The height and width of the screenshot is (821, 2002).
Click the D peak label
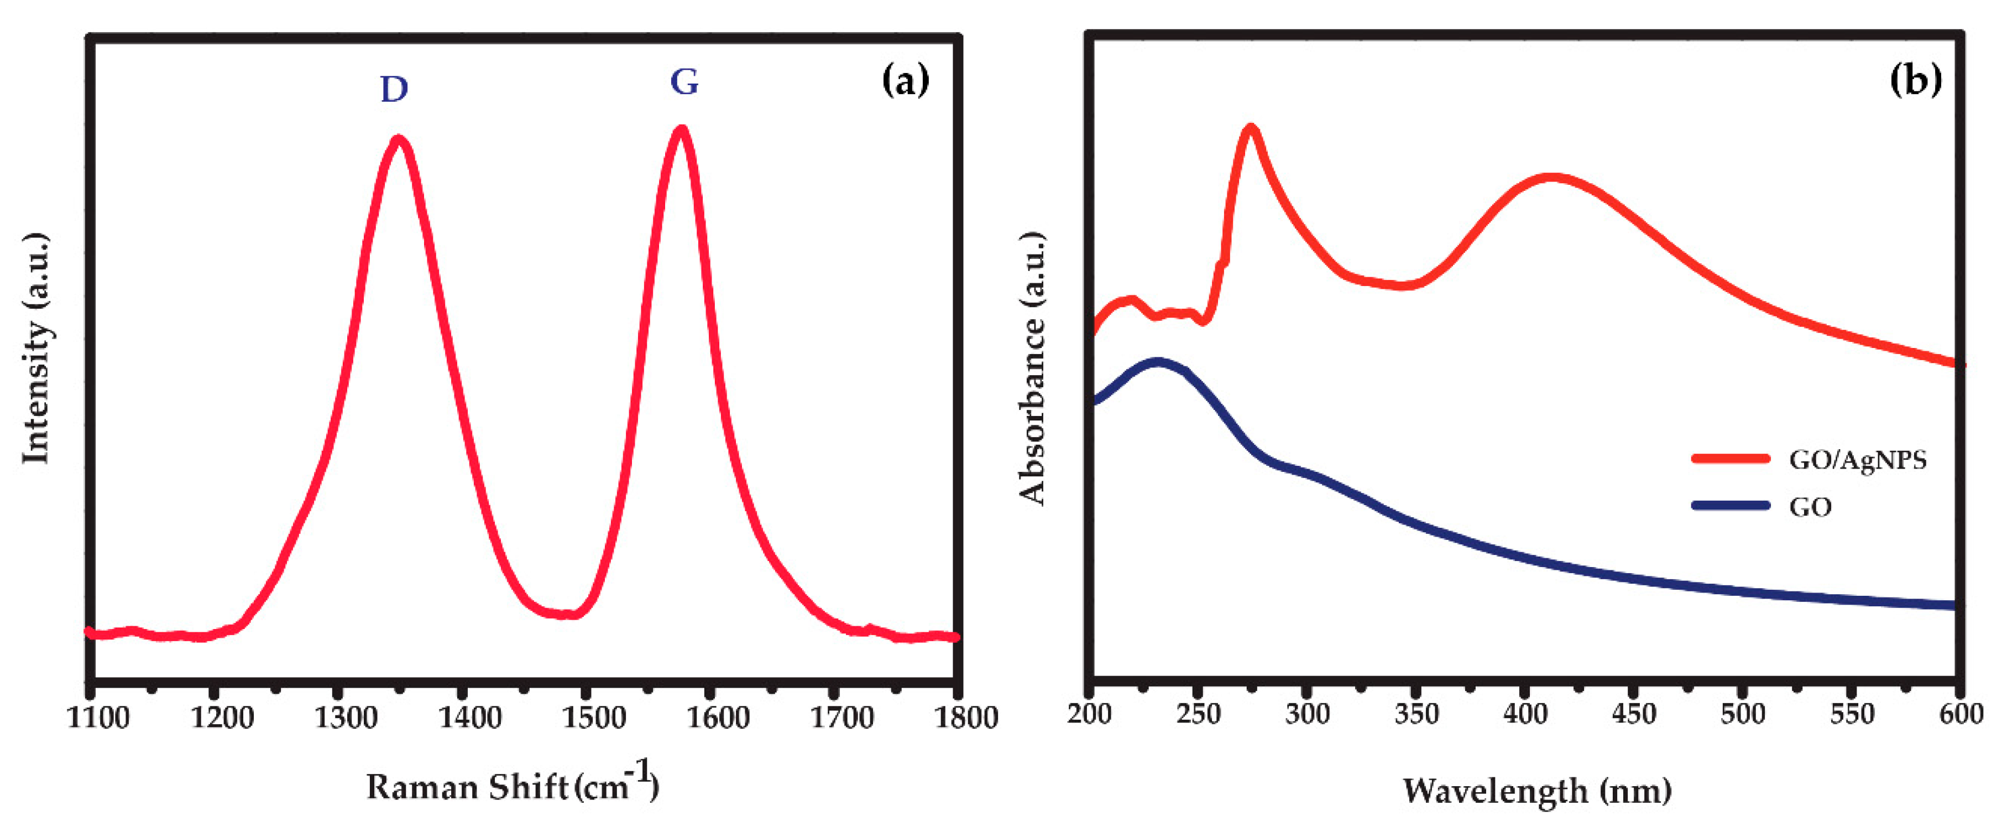click(x=394, y=90)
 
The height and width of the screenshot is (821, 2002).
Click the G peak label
click(x=684, y=82)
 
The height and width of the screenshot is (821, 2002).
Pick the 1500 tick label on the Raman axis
click(x=594, y=717)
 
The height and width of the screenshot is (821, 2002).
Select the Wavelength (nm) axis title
click(x=1536, y=791)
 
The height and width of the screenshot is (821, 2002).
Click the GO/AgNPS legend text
click(x=1858, y=460)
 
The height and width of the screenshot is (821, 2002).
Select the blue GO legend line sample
click(x=1730, y=505)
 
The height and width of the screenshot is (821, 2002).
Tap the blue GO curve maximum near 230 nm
click(x=1158, y=362)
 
